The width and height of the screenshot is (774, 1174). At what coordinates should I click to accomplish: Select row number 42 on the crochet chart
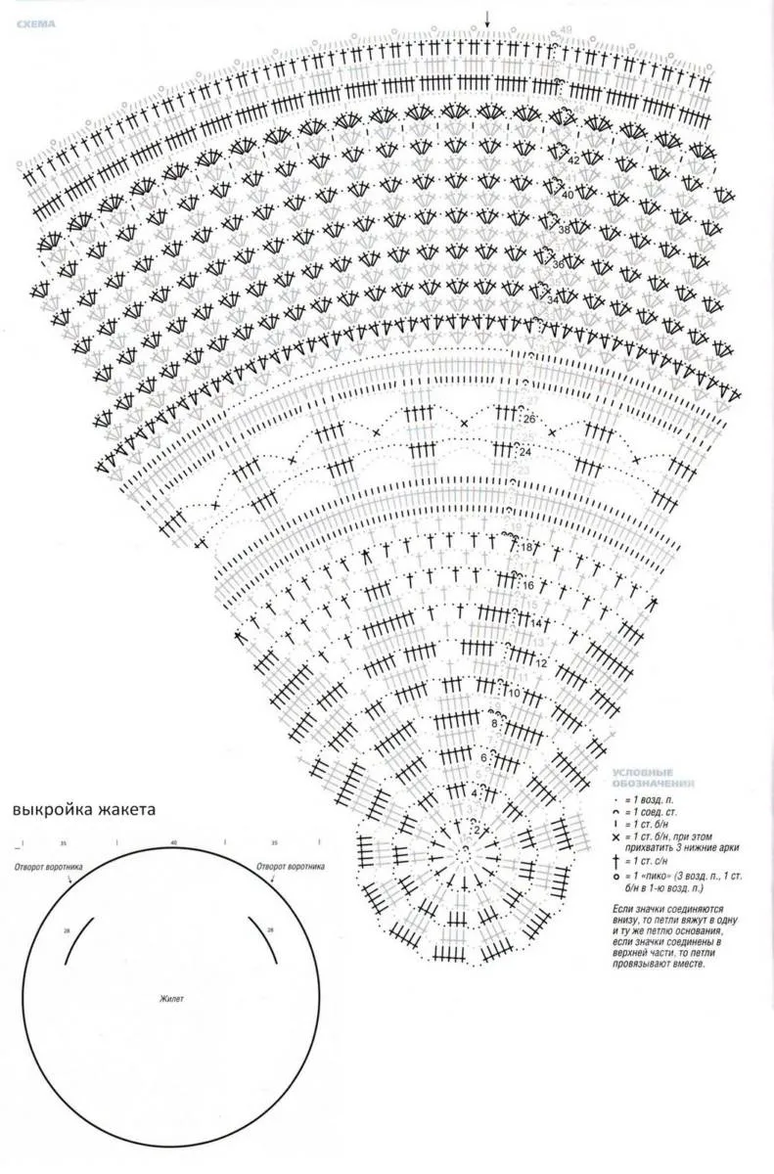coord(573,158)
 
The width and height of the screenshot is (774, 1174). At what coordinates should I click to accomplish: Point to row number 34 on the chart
coord(554,299)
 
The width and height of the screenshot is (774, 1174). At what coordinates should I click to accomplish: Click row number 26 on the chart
coord(529,419)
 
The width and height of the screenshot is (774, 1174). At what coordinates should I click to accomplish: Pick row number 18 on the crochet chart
coord(527,549)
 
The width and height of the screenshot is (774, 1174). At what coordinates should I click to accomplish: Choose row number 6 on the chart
coord(483,757)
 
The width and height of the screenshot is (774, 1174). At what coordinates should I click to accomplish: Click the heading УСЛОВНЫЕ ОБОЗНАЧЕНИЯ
coord(654,780)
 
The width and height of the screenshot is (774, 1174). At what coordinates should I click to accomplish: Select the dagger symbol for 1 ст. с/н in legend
coord(615,861)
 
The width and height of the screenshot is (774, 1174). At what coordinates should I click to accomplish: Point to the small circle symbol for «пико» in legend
coord(615,877)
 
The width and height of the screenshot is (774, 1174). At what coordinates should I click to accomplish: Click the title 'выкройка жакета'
coord(84,810)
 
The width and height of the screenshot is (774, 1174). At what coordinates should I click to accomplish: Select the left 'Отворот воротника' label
coord(47,868)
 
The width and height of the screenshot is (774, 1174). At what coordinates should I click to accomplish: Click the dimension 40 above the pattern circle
coord(173,842)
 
